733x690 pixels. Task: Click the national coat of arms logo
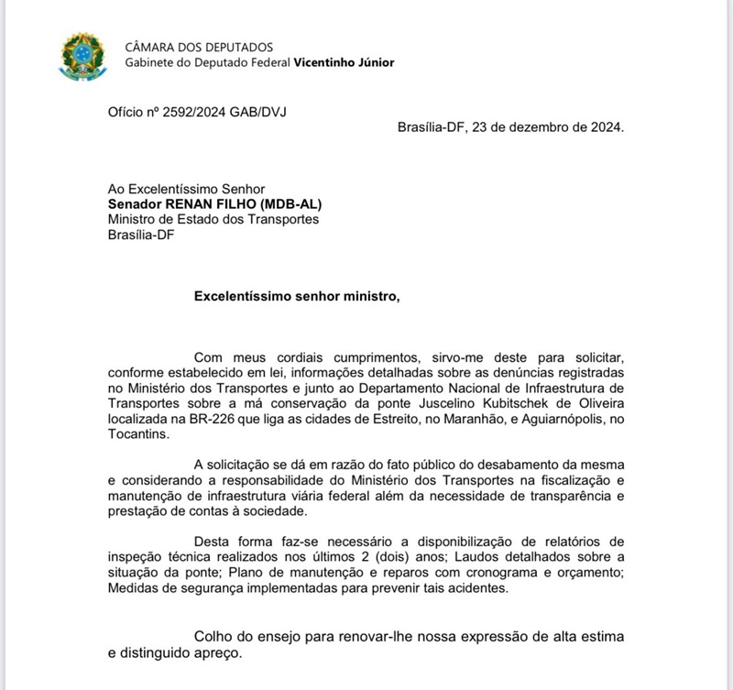[82, 54]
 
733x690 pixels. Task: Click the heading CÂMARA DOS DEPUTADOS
[199, 47]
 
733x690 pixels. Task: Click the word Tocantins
[137, 434]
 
